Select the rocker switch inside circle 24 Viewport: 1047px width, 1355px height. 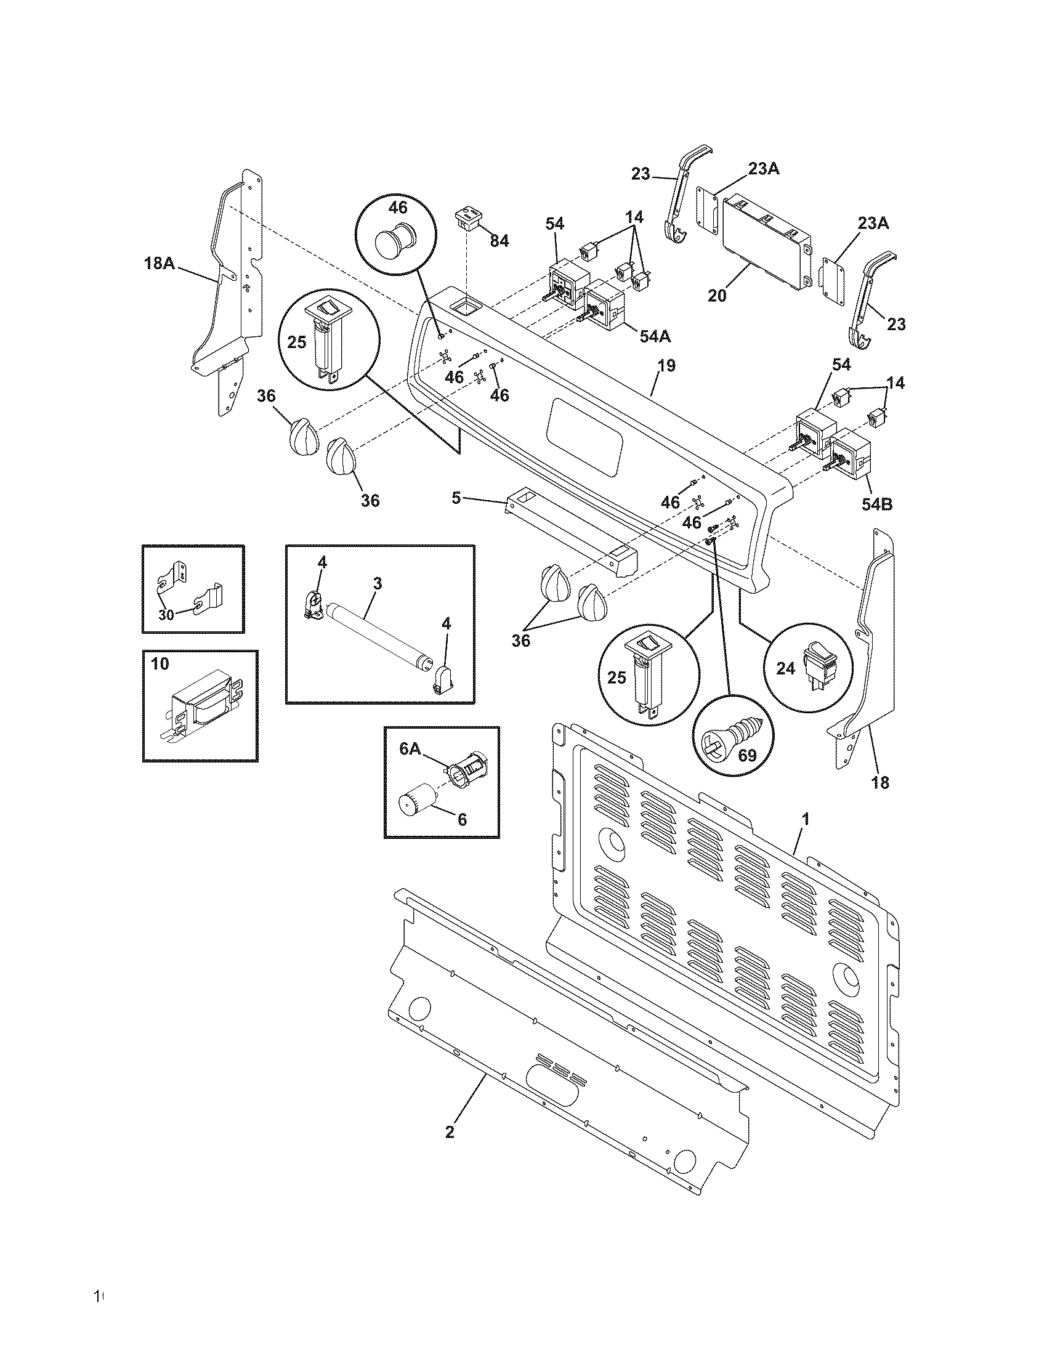[816, 669]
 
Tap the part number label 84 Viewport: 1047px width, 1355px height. [499, 241]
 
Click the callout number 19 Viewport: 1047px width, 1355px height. [666, 365]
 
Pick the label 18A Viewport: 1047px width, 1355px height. [160, 263]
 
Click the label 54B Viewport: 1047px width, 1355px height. [877, 504]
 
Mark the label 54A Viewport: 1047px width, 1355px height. [656, 336]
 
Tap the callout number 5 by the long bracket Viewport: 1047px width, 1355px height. [456, 498]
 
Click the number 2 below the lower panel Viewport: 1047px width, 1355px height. [450, 1132]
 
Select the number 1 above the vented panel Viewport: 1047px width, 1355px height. [805, 819]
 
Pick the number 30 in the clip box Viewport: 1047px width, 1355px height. [166, 615]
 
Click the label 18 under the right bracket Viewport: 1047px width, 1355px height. [880, 783]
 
